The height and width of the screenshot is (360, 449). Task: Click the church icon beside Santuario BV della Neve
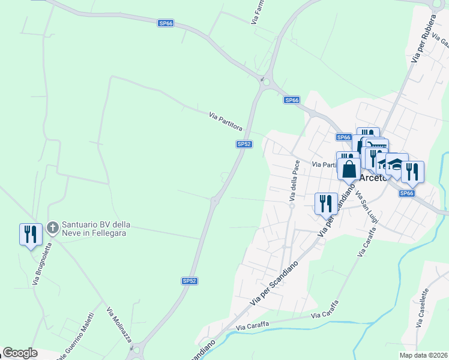[x=53, y=227]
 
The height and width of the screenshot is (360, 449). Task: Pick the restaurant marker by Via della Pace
[x=326, y=203]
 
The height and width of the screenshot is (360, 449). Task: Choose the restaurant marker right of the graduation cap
[x=412, y=171]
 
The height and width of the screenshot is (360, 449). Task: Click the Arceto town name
[x=376, y=178]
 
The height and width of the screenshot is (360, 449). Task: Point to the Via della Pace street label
[x=294, y=180]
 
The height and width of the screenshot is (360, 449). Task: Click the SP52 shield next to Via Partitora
[x=244, y=144]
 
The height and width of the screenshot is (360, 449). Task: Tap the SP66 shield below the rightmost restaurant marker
[x=407, y=193]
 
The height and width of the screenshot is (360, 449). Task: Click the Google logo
[x=20, y=353]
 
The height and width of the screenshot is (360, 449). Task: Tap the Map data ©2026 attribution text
[x=424, y=355]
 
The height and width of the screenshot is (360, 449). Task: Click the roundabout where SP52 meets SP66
[x=265, y=82]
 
